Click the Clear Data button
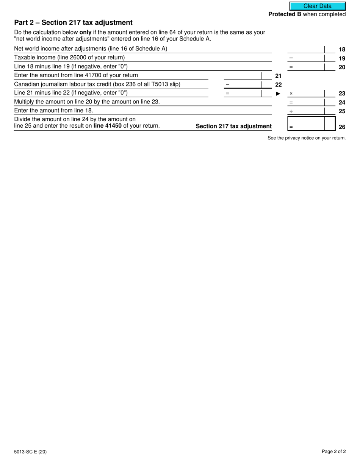[318, 6]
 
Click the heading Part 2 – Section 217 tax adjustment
[73, 23]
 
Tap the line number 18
[342, 50]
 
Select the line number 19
[342, 58]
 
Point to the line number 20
[342, 67]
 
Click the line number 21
[278, 76]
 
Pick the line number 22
[278, 84]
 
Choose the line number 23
[342, 93]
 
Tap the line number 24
[342, 102]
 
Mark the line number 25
[342, 111]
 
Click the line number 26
[342, 127]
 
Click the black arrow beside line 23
[278, 94]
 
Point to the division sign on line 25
[291, 111]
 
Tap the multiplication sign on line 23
[291, 94]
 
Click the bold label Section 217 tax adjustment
[233, 127]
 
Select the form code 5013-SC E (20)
[30, 451]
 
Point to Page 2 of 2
[333, 451]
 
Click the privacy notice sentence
[307, 138]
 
